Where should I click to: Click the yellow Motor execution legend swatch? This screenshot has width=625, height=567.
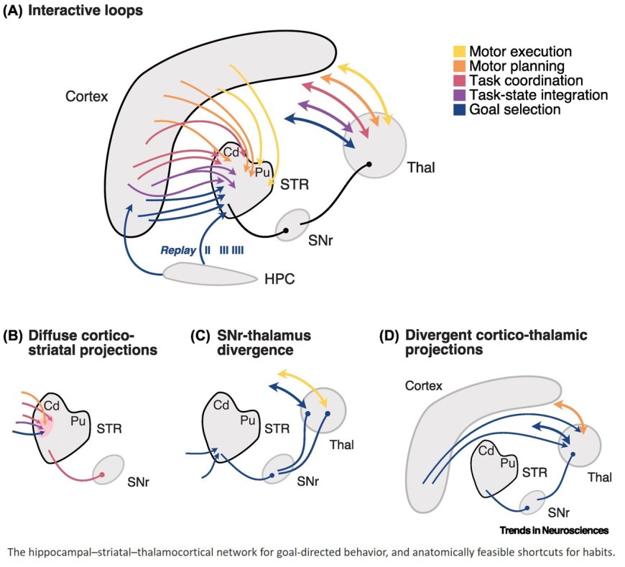458,52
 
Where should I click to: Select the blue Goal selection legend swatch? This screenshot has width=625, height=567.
458,110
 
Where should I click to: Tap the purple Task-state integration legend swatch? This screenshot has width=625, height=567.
458,96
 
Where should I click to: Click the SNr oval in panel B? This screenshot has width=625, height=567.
107,470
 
